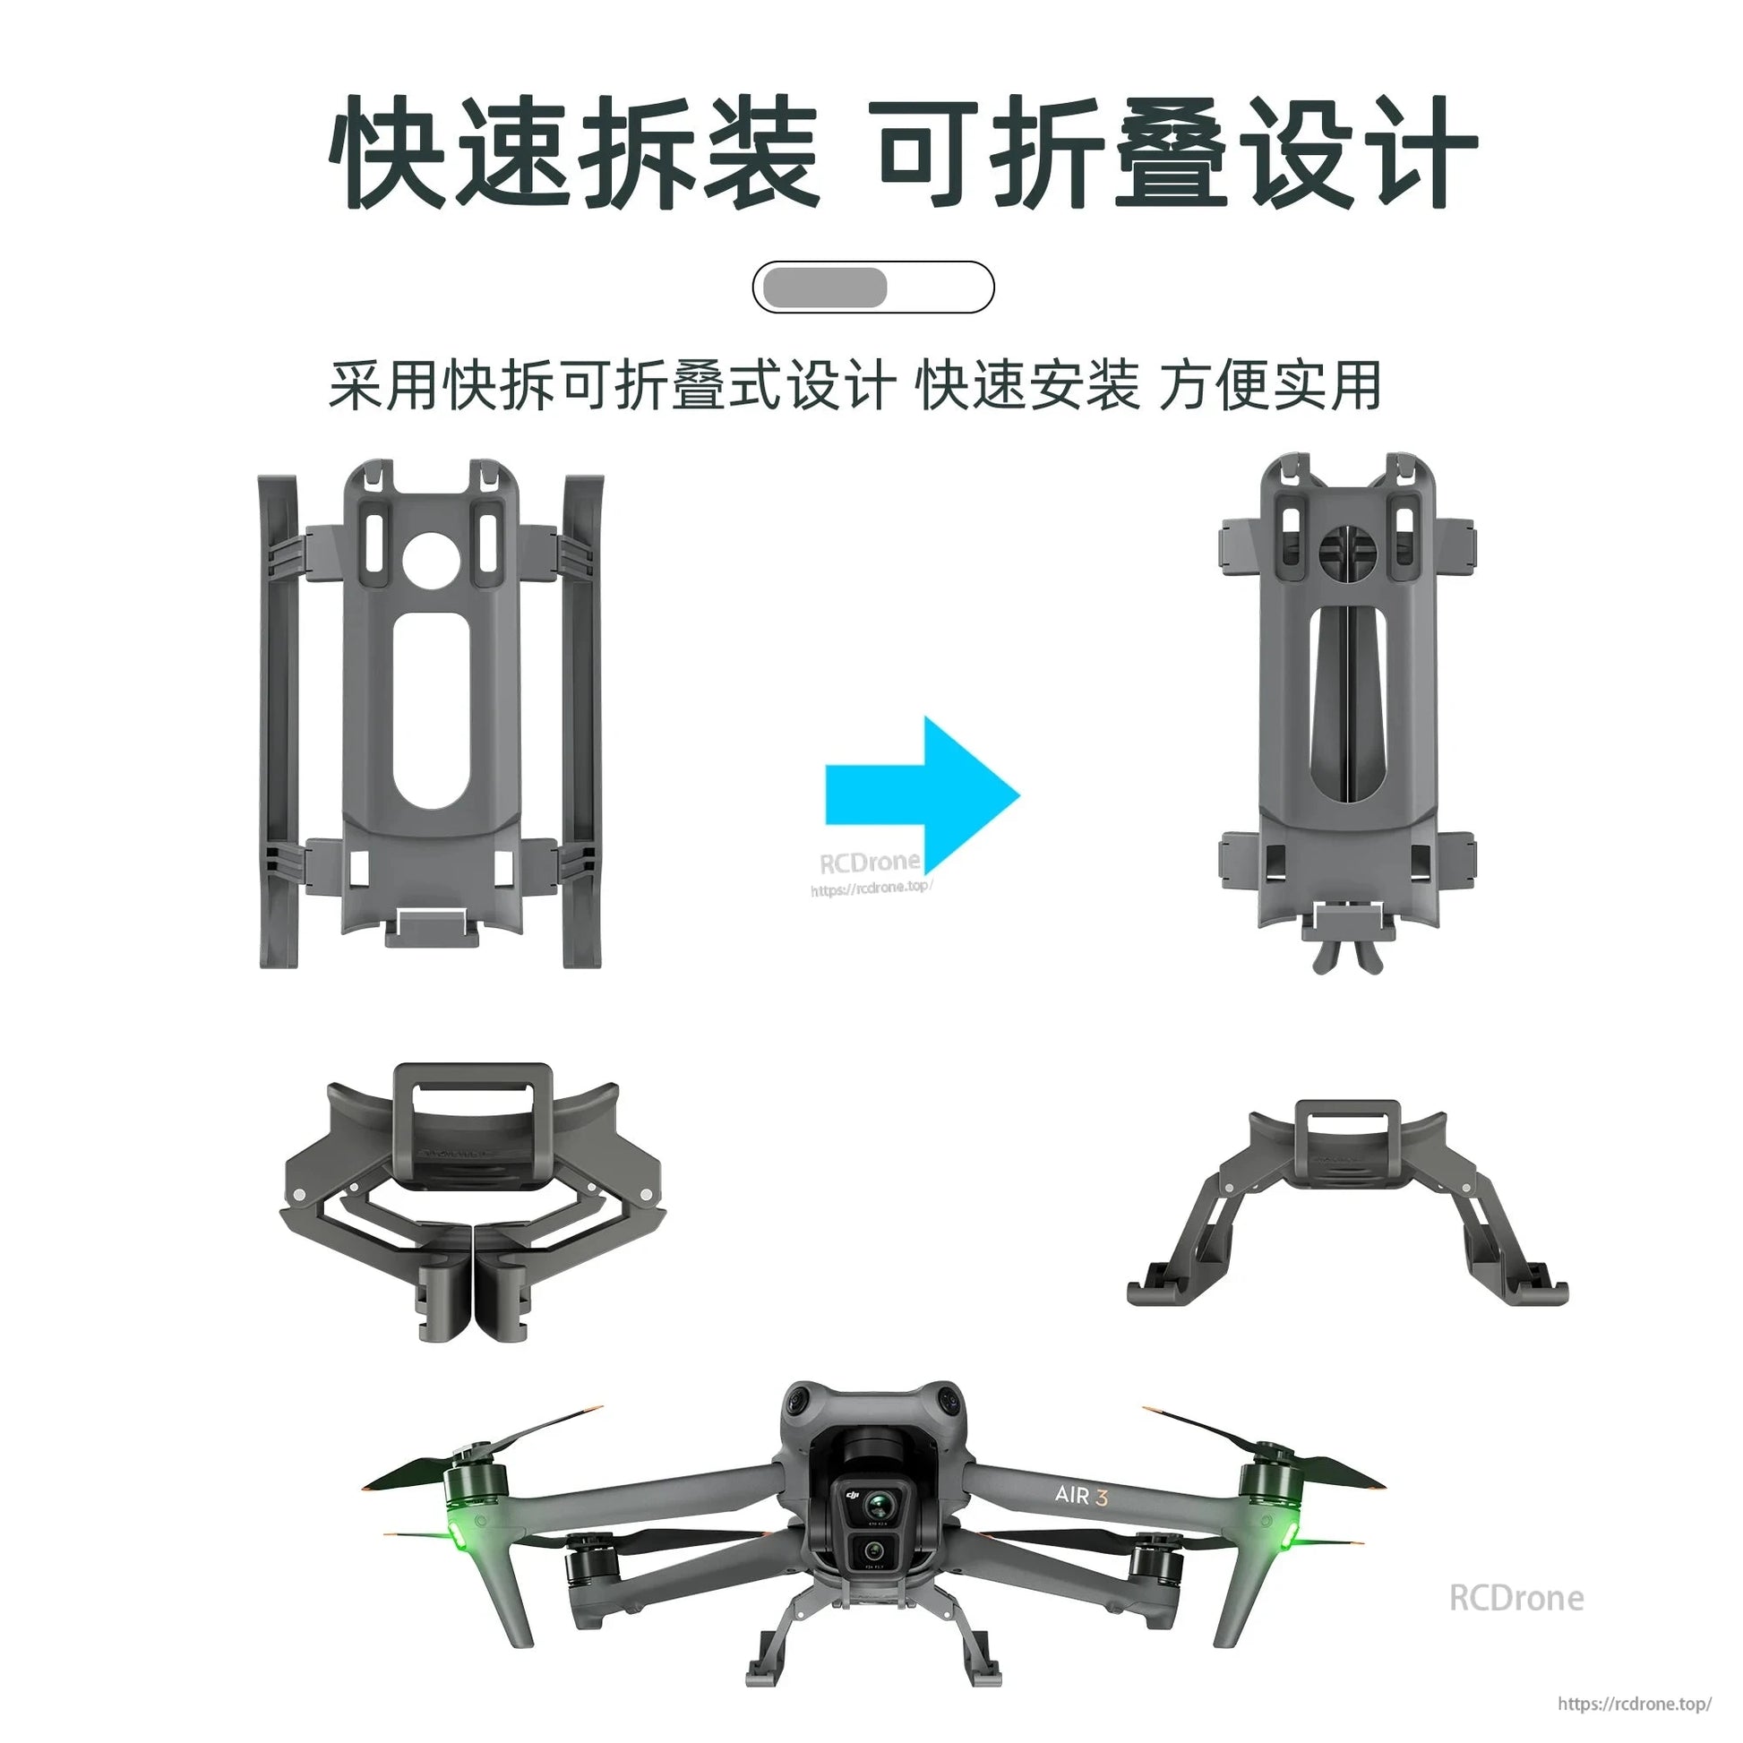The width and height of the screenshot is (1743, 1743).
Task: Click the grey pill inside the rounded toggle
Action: click(x=825, y=288)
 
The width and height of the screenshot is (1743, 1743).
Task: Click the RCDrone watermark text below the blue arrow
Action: click(x=869, y=863)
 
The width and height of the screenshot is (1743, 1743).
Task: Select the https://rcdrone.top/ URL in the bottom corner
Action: click(x=1634, y=1704)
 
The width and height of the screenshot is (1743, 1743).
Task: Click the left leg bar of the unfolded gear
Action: click(x=279, y=722)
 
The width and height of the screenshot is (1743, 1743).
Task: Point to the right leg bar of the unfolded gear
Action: click(x=582, y=722)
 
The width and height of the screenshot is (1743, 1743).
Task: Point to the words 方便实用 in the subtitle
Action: click(x=1269, y=386)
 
